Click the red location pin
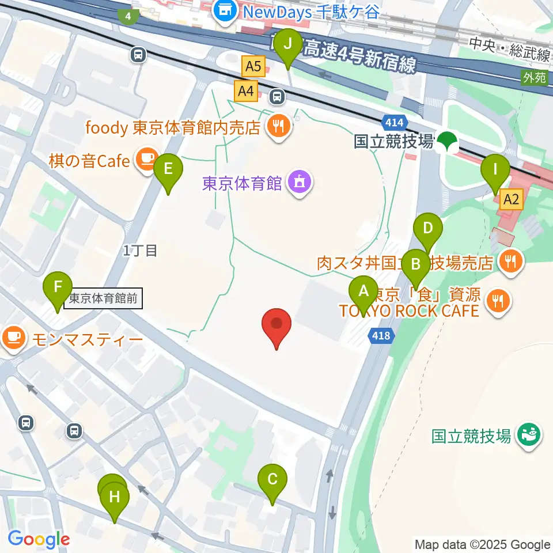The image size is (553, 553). click(x=276, y=325)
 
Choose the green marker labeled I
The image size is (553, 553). click(x=495, y=171)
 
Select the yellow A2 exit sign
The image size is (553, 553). click(x=512, y=200)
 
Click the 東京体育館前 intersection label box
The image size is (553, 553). click(x=103, y=299)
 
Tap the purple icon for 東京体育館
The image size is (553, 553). click(x=299, y=183)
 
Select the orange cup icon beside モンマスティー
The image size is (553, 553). click(x=13, y=338)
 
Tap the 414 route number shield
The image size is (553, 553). click(x=395, y=122)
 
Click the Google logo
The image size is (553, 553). click(x=39, y=539)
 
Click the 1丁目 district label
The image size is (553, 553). click(x=140, y=251)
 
